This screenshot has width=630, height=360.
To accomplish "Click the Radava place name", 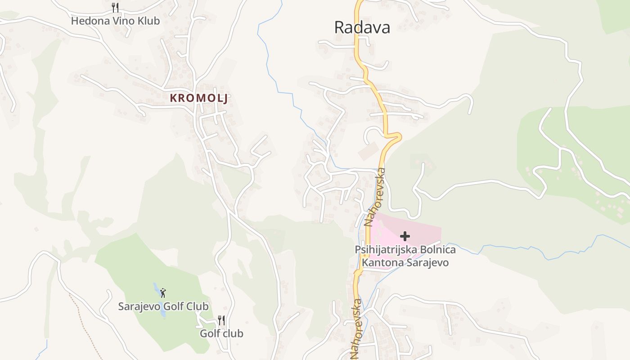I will coord(362,27).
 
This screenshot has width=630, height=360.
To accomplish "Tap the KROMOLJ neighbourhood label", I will coord(198,98).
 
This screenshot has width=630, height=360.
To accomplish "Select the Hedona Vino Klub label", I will coord(115,21).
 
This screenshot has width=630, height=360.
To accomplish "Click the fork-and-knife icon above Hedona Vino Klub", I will coord(115,7).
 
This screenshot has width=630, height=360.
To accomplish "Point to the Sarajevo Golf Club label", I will coord(163,306).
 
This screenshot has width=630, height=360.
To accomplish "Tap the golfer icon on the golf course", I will coord(163,293).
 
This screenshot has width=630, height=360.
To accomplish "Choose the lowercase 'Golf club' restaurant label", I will coord(221,333).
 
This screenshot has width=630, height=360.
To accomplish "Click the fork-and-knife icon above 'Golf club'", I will coord(221,320).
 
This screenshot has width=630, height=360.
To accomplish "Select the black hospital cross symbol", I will coord(405,236).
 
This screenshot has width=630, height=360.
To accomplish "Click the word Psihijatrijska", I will coord(385,250).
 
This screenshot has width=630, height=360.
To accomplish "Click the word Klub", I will coord(148,21).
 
